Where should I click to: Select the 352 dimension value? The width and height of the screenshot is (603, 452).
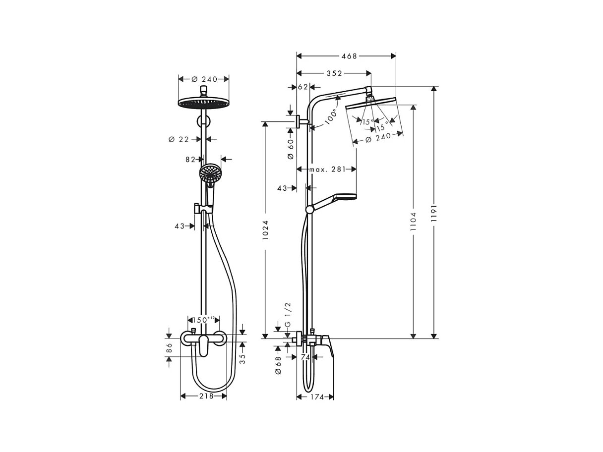[x=334, y=73]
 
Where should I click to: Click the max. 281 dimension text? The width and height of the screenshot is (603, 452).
[x=327, y=169]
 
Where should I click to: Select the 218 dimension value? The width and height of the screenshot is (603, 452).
[x=206, y=396]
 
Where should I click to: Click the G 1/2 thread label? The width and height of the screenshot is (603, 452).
[x=287, y=315]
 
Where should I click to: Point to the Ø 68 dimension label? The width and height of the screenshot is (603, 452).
[x=278, y=365]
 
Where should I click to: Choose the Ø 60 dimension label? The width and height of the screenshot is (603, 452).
[x=291, y=149]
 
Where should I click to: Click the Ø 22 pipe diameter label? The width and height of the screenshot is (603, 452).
[x=179, y=139]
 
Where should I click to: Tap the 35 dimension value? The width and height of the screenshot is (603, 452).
[x=242, y=358]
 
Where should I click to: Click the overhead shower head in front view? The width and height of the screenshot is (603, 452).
[x=203, y=103]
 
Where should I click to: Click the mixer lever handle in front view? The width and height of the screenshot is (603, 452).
[x=203, y=345]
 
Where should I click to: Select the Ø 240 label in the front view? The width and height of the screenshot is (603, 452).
[x=204, y=79]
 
